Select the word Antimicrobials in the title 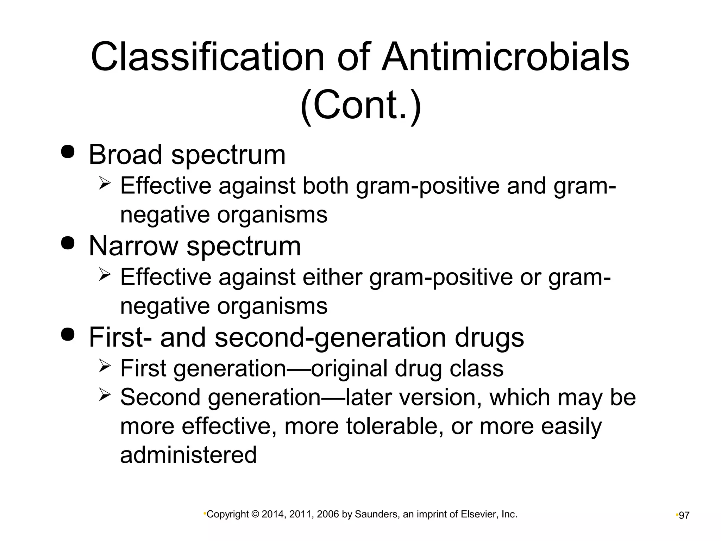pos(506,57)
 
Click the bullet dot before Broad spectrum pos(68,151)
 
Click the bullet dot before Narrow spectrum pos(68,243)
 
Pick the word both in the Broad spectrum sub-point pos(325,186)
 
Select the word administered pos(188,455)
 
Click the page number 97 pos(684,516)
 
